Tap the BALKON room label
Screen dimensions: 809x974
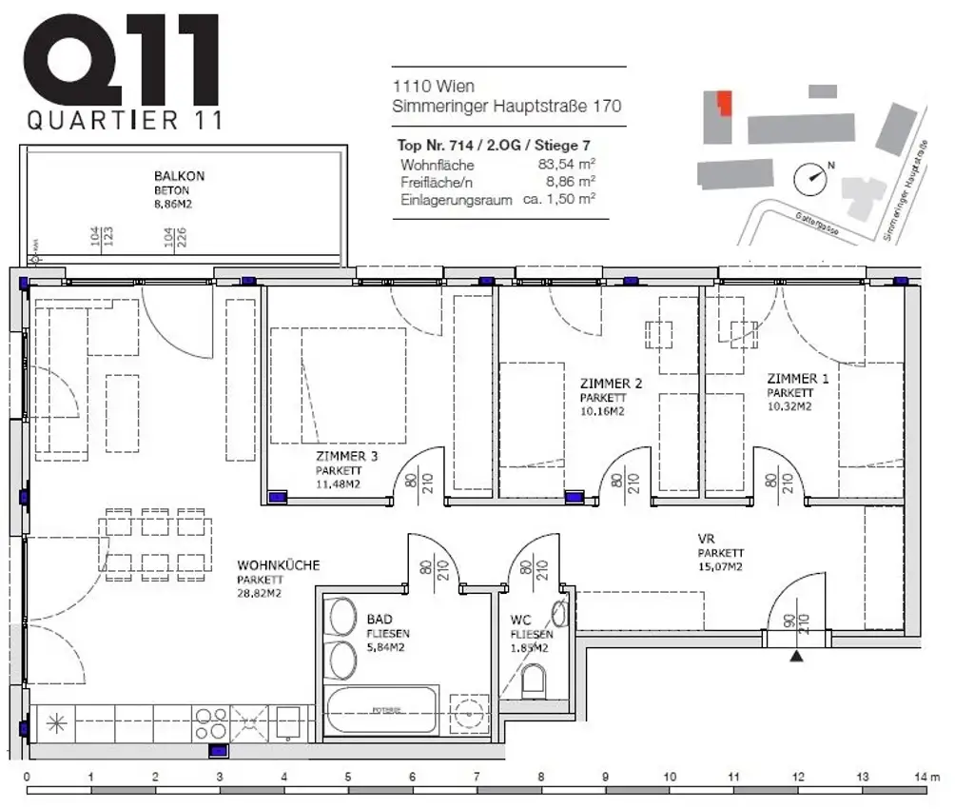coord(179,176)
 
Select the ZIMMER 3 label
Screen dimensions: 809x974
coord(346,457)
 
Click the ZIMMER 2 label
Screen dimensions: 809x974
coord(611,384)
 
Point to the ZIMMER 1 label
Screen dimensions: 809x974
coord(798,379)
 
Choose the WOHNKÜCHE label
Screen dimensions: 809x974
coord(278,565)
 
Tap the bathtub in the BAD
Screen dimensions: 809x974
coord(380,710)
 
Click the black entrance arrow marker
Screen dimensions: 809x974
coord(797,656)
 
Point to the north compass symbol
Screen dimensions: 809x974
coord(811,175)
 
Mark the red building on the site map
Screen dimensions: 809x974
coord(725,102)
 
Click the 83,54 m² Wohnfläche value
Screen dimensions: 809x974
coord(567,164)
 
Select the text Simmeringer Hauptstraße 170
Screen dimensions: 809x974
coord(507,107)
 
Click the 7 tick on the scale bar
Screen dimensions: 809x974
coord(476,777)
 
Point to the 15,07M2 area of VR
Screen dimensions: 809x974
coord(720,566)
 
